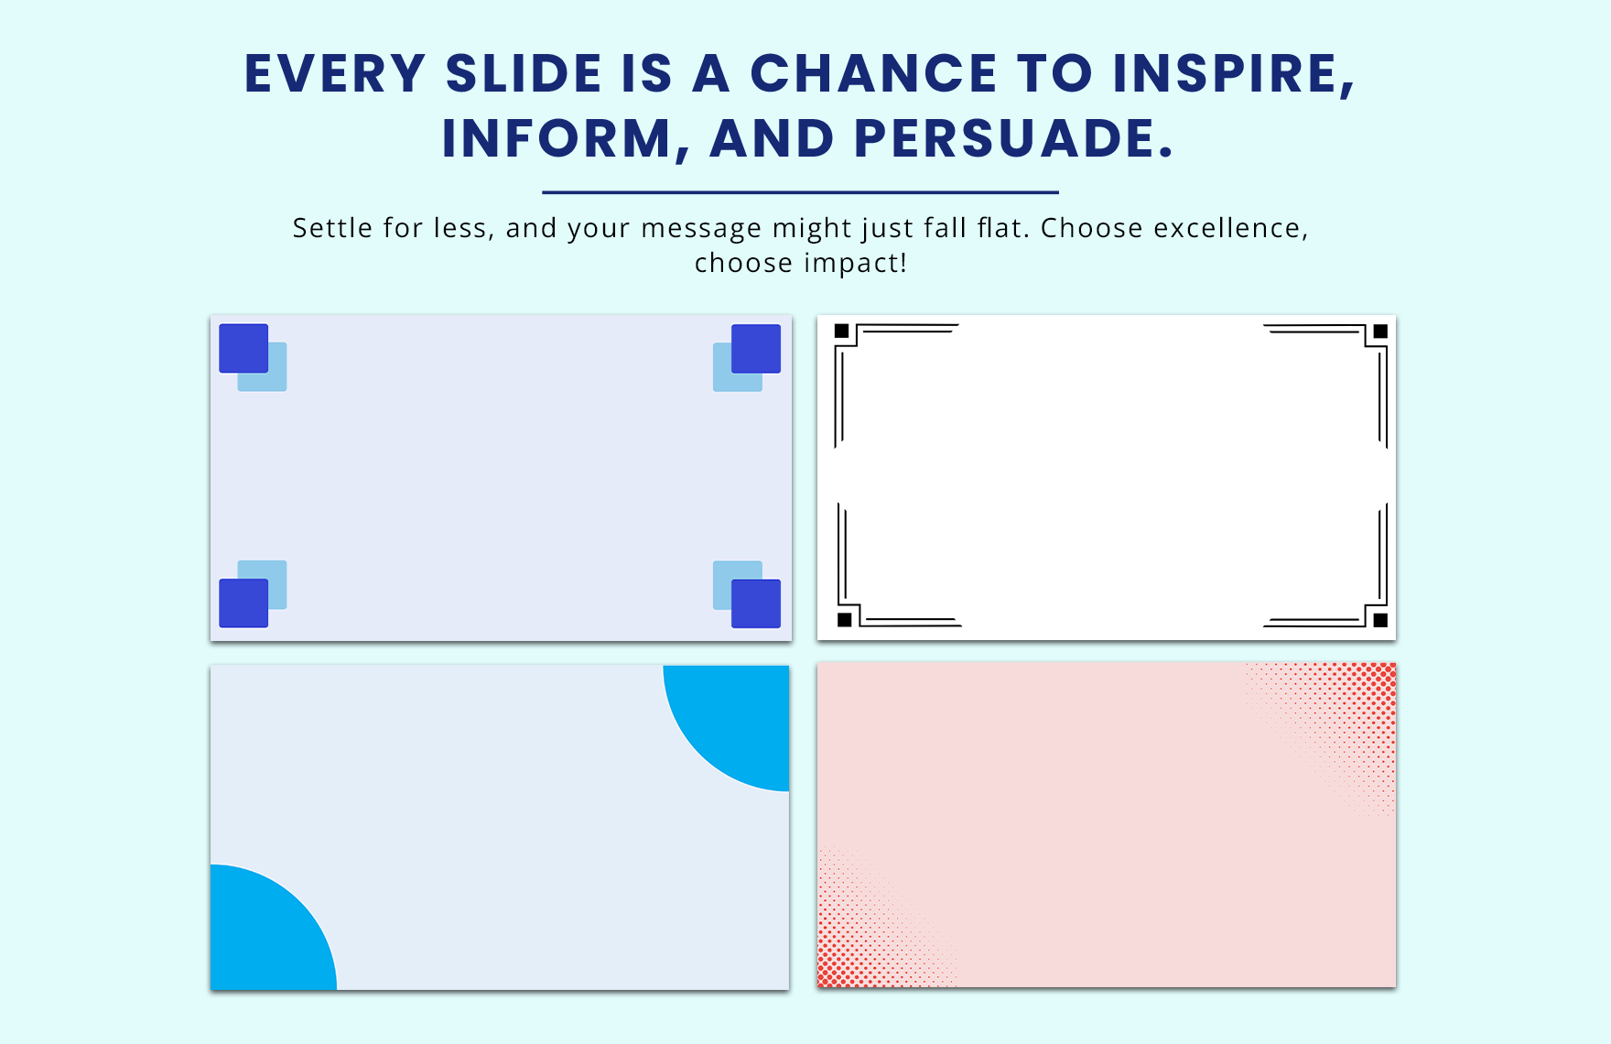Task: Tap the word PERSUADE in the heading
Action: (1013, 139)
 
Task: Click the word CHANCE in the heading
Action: (874, 73)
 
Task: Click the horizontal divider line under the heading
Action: (800, 192)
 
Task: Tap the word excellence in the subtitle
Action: (1230, 228)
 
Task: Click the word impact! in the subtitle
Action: (855, 264)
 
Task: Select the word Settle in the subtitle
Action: (332, 228)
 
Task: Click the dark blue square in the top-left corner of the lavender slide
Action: (243, 348)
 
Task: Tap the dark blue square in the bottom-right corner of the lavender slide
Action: (756, 604)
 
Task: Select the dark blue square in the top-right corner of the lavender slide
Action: (756, 348)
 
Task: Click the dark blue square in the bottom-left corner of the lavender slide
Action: (243, 604)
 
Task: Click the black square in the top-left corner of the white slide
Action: (842, 331)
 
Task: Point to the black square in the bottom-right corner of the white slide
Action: (1380, 620)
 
